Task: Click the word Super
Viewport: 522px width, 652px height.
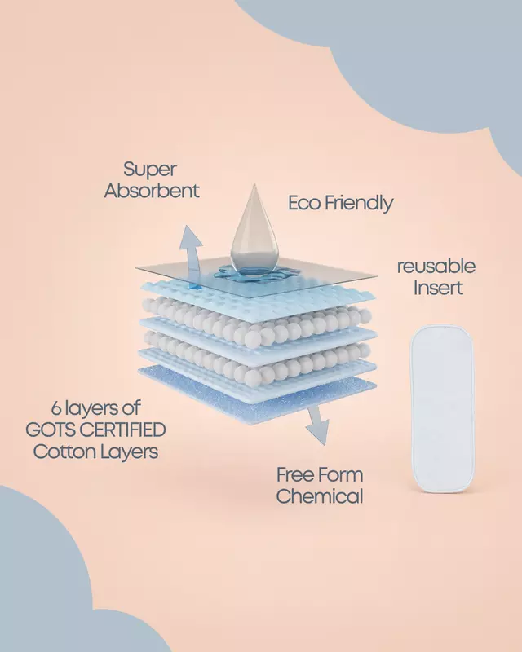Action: tap(150, 170)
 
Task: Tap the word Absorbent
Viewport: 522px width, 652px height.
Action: tap(152, 191)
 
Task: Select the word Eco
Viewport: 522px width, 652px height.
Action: tap(304, 203)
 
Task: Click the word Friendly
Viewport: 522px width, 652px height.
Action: tap(359, 204)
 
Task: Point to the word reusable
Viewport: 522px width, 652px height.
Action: tap(436, 267)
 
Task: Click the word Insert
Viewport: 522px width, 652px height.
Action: tap(438, 288)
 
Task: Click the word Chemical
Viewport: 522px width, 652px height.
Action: tap(319, 496)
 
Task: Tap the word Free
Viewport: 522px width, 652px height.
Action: tap(294, 475)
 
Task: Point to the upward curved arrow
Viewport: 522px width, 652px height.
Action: tap(191, 253)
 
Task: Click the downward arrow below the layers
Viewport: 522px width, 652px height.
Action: tap(317, 424)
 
